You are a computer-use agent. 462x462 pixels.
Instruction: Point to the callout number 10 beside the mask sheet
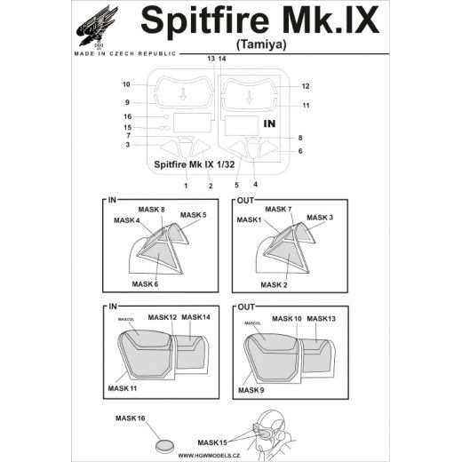[126, 85]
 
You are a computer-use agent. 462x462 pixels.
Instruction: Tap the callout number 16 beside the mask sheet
[127, 116]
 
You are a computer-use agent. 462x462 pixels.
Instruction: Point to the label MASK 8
[151, 209]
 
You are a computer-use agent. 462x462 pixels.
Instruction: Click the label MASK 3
[319, 218]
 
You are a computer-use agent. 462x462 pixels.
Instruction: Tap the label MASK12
[163, 317]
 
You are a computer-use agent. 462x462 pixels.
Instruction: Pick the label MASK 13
[321, 318]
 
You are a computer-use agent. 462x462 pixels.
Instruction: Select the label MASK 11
[123, 389]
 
